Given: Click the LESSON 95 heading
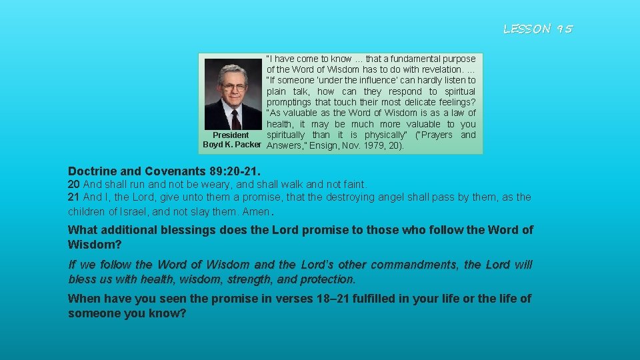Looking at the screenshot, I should pyautogui.click(x=537, y=29).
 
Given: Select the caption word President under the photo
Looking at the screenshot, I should pyautogui.click(x=231, y=135).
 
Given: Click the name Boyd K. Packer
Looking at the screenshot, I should pyautogui.click(x=232, y=145).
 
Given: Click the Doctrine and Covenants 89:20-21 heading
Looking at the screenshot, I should pyautogui.click(x=164, y=171).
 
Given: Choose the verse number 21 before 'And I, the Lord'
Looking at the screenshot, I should pyautogui.click(x=73, y=197).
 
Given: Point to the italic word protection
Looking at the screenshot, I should pyautogui.click(x=327, y=279).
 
